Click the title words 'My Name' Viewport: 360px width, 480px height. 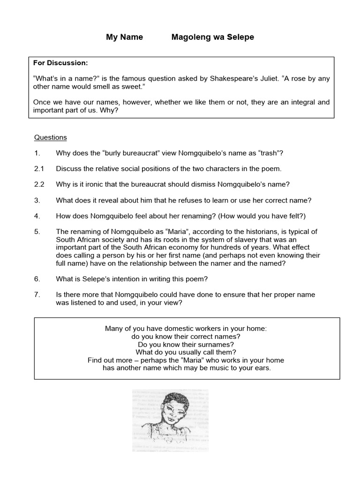124,37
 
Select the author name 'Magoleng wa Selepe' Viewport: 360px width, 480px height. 213,37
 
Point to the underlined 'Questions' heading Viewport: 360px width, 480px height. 51,137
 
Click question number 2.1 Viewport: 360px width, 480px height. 39,169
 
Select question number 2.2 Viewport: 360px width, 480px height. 39,184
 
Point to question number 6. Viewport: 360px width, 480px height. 37,279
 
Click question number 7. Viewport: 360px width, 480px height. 37,294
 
